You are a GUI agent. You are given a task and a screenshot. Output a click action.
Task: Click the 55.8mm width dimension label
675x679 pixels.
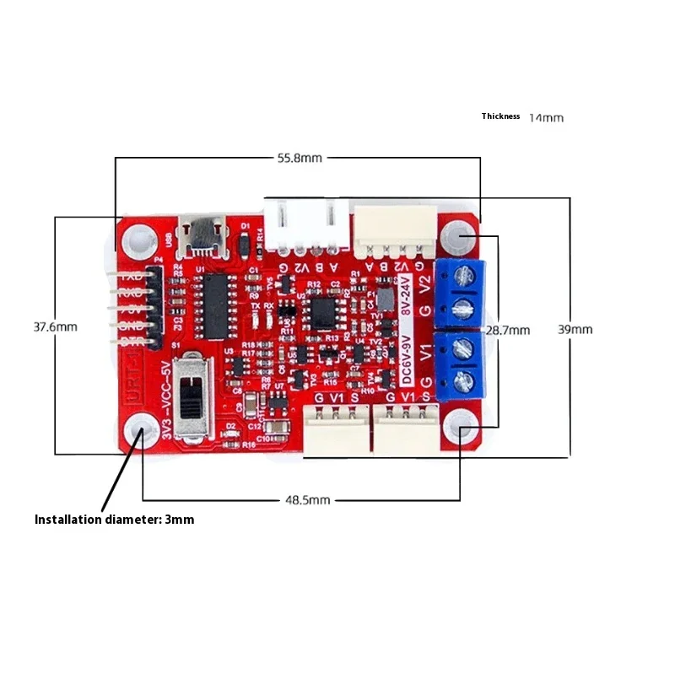click(x=300, y=158)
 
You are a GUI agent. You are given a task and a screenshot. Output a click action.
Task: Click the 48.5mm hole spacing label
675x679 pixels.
click(x=307, y=500)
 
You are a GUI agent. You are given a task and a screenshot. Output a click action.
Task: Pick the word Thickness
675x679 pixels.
click(x=500, y=116)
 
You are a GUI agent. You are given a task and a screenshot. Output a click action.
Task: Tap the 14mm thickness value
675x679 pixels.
click(x=546, y=117)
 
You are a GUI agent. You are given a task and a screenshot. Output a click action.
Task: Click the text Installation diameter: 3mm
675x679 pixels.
click(x=114, y=520)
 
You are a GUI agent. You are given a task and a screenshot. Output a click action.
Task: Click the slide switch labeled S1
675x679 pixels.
click(x=197, y=396)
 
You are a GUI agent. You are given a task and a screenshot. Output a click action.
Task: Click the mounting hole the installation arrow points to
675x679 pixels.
click(x=141, y=434)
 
